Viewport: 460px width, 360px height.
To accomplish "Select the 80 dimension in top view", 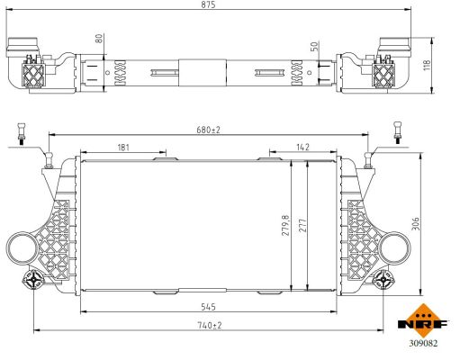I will [x=99, y=39].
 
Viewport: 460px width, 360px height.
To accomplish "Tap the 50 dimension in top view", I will [x=314, y=46].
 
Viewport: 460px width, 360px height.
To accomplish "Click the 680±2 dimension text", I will [x=208, y=130].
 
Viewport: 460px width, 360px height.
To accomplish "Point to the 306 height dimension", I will [x=415, y=223].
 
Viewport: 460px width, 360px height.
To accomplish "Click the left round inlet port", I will [x=21, y=246].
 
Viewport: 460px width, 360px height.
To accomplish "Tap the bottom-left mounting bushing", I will [x=35, y=281].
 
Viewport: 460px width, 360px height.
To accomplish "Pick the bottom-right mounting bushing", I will [x=386, y=281].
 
